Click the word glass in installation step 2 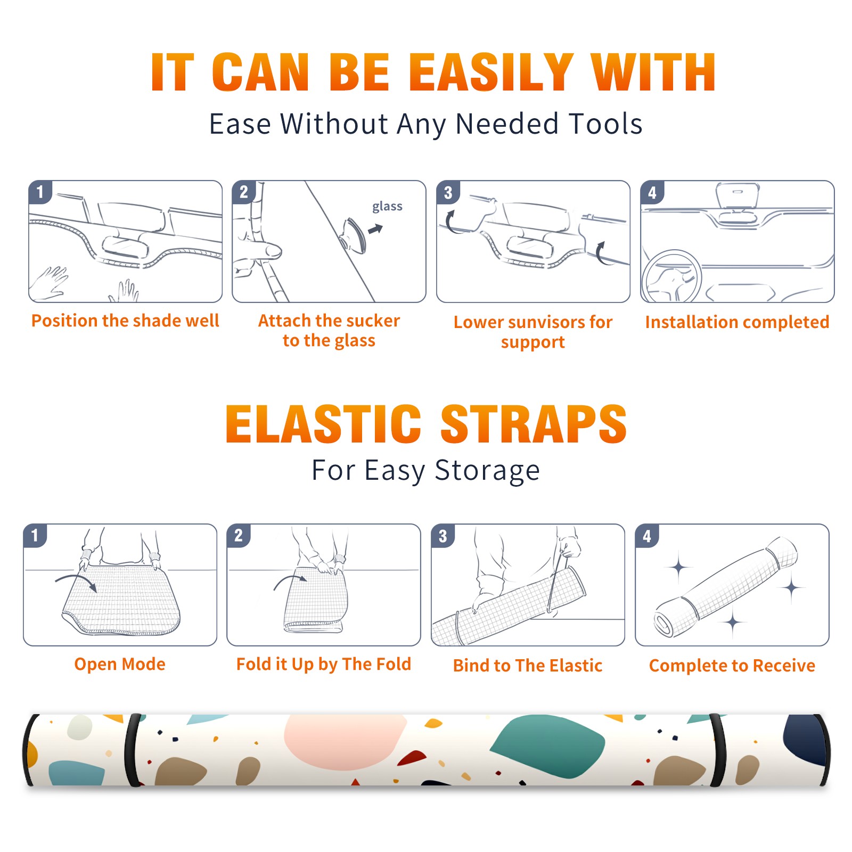pos(387,207)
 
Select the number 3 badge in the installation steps pos(448,192)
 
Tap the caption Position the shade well pos(125,321)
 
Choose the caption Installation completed pos(737,322)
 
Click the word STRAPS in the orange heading pos(534,424)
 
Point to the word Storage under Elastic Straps pos(487,471)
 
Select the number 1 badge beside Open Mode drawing pos(35,536)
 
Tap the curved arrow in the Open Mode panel pos(76,581)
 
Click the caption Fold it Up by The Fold pos(324,664)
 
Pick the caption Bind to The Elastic pos(528,665)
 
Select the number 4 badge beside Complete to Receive pos(647,536)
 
